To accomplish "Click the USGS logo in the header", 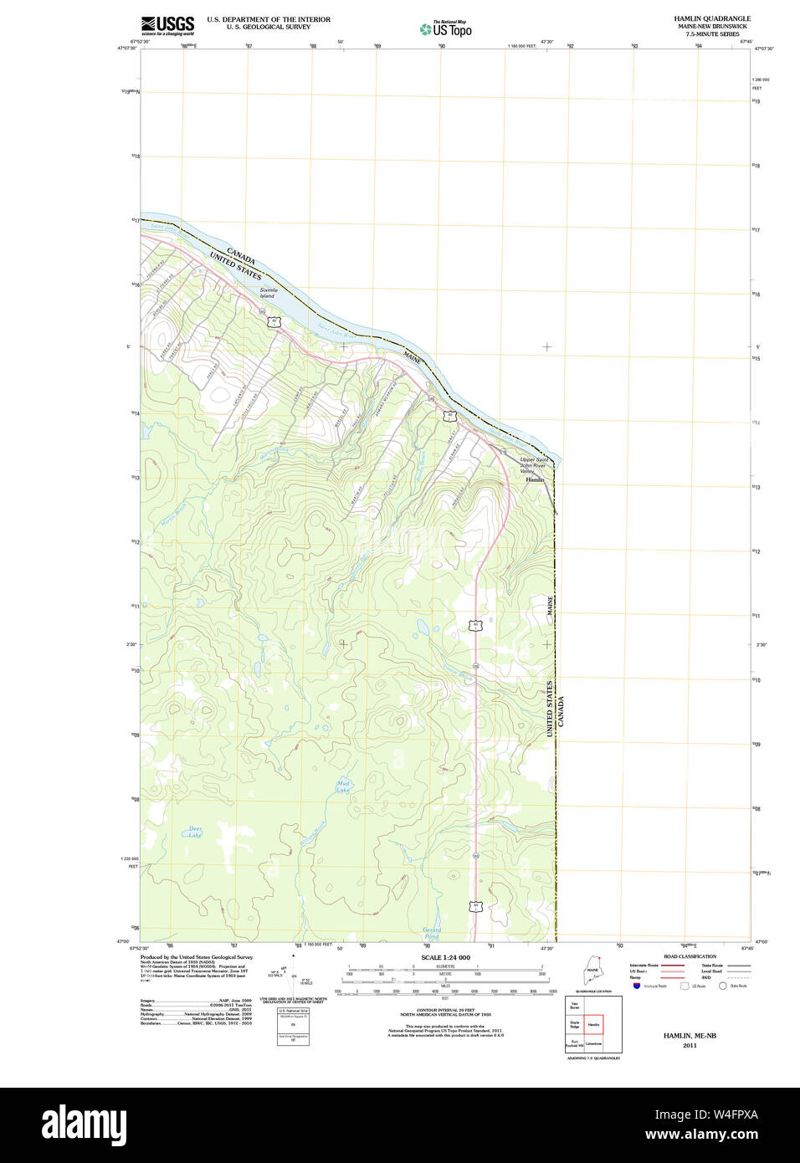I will coord(167,26).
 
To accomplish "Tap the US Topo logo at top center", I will coord(446,29).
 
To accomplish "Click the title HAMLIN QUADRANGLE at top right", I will coord(712,18).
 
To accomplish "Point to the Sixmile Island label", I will coord(268,293).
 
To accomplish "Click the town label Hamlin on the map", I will coord(535,480).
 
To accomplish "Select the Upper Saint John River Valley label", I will coord(534,465).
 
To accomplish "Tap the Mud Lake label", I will coord(343,786).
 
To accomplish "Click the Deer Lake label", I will coord(194,832).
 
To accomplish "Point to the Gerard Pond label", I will coord(432,933).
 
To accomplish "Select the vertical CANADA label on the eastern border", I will coord(562,711).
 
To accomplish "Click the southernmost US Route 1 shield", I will coord(475,906).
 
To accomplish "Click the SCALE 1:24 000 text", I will coord(445,957).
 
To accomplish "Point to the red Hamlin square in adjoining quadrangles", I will coord(593,1024).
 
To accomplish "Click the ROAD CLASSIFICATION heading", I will coord(690,956).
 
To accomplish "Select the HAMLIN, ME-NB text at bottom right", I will coord(690,1036).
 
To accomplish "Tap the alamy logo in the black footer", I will coord(84,1125).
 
